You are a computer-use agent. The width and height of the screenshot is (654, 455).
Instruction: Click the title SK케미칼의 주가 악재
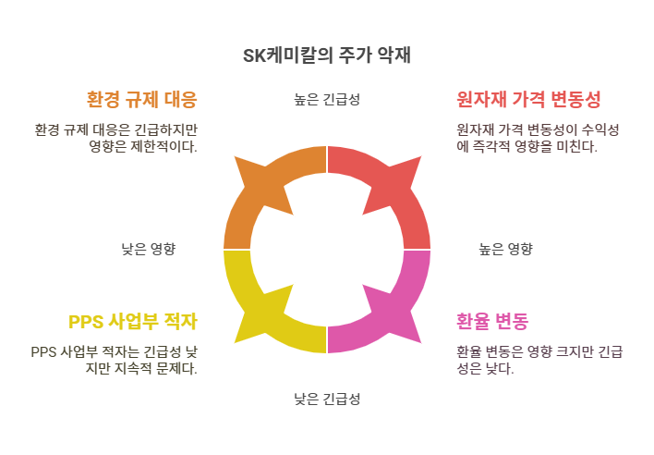tap(326, 55)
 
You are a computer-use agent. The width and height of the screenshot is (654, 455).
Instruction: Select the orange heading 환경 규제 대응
tap(141, 99)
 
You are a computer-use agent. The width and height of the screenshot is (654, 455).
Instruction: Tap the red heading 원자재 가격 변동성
tap(528, 99)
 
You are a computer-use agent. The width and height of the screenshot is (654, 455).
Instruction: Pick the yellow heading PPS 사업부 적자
tap(133, 322)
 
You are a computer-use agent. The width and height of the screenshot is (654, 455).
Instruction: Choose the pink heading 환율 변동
tap(492, 322)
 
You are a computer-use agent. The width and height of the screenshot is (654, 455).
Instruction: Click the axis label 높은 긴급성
tap(326, 100)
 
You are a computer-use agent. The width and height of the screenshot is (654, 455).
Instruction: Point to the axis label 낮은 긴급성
tap(326, 400)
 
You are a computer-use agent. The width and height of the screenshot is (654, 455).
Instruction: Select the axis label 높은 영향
tap(505, 249)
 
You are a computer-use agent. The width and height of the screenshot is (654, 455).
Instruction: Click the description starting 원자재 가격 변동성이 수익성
tap(538, 138)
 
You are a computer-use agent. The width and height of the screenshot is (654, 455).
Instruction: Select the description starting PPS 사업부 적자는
tap(114, 359)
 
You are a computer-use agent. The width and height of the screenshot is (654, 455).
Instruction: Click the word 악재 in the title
tap(393, 55)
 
